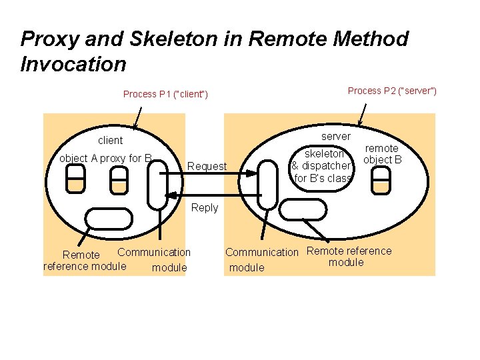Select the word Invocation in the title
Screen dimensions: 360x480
[73, 64]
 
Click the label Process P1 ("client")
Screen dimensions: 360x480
[165, 94]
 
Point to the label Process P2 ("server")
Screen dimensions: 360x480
[392, 91]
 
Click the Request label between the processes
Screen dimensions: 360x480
[207, 166]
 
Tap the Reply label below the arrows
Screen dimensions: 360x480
[205, 207]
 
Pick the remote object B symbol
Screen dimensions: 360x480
[381, 179]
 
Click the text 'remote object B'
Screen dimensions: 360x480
[383, 154]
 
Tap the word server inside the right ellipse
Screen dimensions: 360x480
[336, 136]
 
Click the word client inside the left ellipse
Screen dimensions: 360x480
[110, 140]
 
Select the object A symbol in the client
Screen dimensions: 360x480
[75, 179]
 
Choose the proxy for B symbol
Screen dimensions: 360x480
[119, 179]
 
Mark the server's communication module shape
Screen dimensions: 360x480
[268, 183]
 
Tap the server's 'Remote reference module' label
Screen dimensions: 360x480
[348, 257]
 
